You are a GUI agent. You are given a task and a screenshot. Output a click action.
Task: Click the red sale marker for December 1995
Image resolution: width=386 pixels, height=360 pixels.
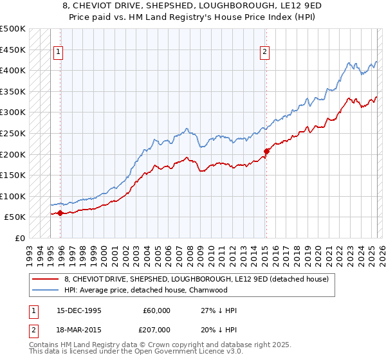coord(60,213)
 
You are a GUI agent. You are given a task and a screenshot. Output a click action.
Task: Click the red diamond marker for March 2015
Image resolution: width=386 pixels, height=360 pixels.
coord(266,151)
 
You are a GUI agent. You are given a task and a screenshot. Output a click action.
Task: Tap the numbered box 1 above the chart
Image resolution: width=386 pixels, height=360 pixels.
coord(59,53)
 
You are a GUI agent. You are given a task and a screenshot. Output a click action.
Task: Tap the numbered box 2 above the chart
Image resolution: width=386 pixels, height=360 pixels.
coord(265,53)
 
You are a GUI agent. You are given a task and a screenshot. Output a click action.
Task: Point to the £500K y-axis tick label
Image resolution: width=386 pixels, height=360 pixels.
coord(13,29)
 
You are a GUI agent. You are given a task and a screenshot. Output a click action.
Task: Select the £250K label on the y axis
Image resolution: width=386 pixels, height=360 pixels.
coord(13,133)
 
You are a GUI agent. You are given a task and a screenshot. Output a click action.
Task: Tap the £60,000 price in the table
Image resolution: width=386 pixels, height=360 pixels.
coord(157,310)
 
